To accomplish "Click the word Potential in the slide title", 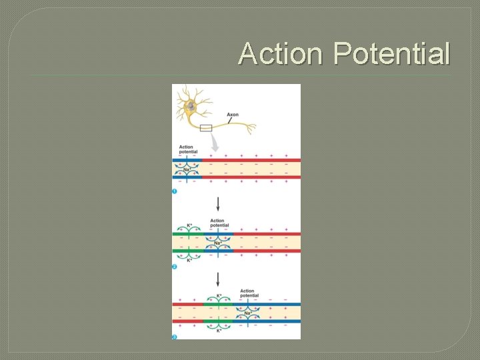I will click(x=392, y=53).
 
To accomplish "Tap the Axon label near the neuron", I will click(x=232, y=115).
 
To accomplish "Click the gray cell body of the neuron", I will click(x=191, y=106).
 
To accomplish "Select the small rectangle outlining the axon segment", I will click(x=205, y=127).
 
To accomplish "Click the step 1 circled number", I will click(x=175, y=192).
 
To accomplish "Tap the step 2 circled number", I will click(x=175, y=267).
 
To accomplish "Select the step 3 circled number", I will click(x=175, y=337).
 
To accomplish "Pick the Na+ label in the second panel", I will click(x=218, y=243).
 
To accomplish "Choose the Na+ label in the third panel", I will click(x=247, y=313).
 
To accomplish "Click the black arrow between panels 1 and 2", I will click(x=217, y=204).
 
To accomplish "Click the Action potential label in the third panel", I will click(x=247, y=293).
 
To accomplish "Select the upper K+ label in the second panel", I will click(x=189, y=225).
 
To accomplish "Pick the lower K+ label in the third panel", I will click(x=218, y=331).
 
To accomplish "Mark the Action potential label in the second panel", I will click(x=219, y=223).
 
